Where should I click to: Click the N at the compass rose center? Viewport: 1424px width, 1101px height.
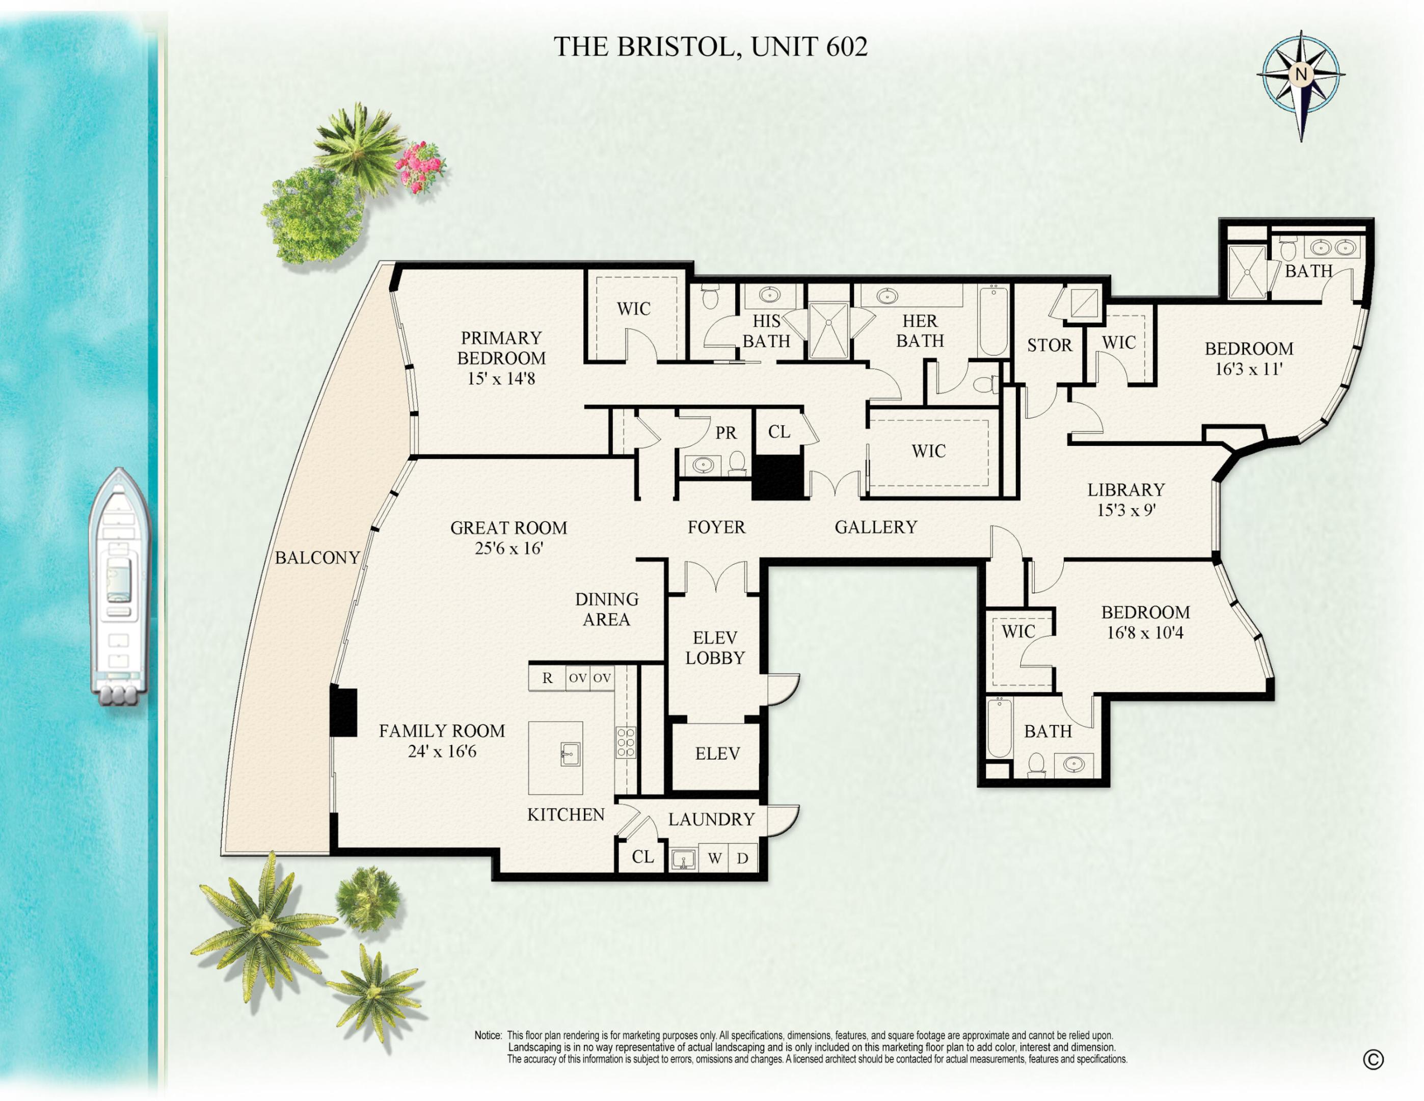tap(1301, 74)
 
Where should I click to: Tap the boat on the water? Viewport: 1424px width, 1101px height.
tap(119, 587)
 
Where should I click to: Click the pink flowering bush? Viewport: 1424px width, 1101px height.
tap(420, 167)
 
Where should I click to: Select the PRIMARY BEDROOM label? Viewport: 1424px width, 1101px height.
tap(501, 348)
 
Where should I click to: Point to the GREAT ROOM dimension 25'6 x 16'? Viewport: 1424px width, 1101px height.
tap(508, 548)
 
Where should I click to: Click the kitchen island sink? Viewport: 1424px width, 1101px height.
tap(570, 755)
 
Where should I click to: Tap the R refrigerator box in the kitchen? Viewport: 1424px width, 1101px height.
tap(547, 678)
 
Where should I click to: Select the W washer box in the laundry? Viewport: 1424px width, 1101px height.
tap(715, 858)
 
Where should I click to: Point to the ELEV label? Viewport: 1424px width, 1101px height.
tap(717, 754)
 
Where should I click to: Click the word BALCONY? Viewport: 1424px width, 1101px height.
tap(317, 558)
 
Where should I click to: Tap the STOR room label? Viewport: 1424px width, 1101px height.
tap(1049, 345)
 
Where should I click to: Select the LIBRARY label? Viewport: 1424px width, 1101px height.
tap(1126, 490)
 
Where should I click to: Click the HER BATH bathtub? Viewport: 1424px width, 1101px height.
tap(993, 320)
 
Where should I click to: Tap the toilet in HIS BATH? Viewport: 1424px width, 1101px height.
tap(710, 296)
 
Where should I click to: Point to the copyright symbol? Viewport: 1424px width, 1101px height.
tap(1373, 1060)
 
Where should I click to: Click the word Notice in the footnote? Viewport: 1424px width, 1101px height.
tap(488, 1035)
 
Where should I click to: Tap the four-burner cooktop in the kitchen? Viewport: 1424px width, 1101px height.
tap(625, 742)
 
